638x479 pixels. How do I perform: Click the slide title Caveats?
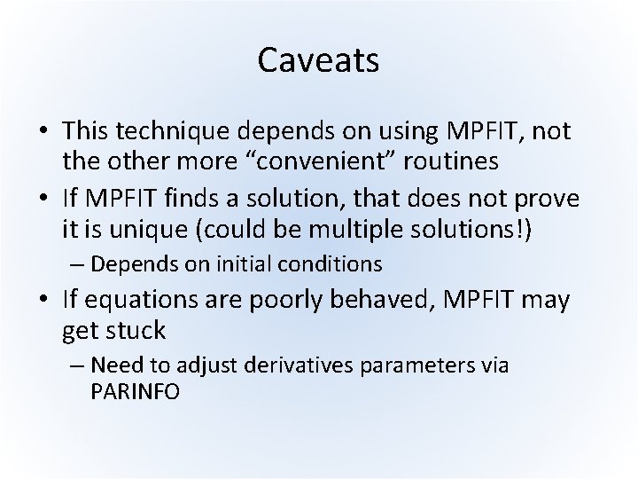point(318,60)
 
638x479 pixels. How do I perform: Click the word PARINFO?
point(135,390)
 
